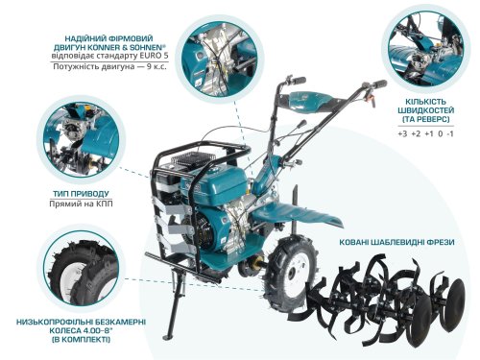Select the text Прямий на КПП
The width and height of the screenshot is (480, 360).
point(88,204)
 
